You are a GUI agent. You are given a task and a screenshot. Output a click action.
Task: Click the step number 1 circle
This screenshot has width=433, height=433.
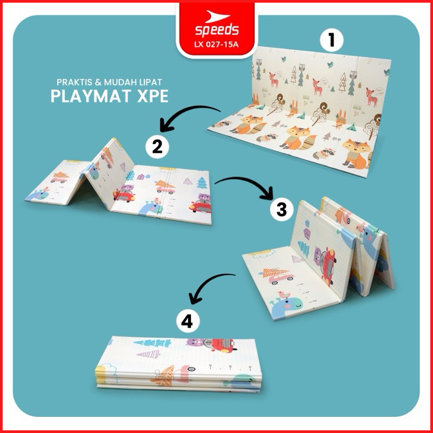click(331, 40)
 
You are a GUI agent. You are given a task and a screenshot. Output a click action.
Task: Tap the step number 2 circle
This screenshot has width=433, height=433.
click(157, 146)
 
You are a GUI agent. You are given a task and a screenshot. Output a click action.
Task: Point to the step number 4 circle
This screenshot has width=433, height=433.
click(188, 322)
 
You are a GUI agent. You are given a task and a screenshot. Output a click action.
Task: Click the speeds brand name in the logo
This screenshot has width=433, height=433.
click(216, 30)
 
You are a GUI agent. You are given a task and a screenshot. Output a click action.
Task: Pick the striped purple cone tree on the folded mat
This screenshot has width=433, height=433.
click(149, 354)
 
